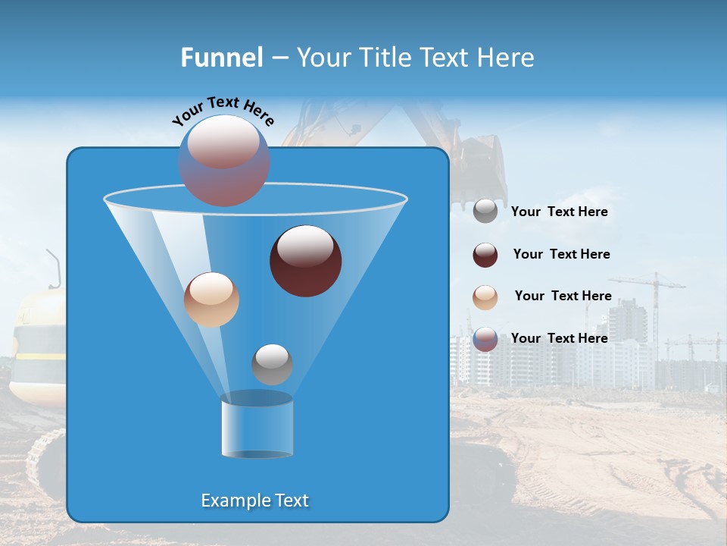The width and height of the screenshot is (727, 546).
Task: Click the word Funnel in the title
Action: coord(221,57)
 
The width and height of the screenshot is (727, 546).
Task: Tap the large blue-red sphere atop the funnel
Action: coord(224,161)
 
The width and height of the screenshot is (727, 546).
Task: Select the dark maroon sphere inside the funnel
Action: coord(306,261)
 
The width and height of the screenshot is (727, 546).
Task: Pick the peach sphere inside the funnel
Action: coord(211,300)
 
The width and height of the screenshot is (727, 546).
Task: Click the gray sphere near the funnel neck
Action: coord(272,365)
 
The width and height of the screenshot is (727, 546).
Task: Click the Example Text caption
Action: coord(254,500)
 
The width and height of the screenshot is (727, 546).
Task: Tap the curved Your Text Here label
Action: coord(223,111)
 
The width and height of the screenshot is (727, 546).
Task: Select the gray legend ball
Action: coord(485,212)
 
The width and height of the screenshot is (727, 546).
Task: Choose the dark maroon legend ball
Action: coord(485,255)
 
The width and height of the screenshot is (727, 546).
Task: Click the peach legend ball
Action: coord(485,297)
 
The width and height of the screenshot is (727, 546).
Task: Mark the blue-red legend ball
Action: coord(485,339)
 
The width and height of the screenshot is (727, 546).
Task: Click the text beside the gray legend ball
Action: coord(559,212)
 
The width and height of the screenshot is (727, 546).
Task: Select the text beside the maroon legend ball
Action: coord(561,255)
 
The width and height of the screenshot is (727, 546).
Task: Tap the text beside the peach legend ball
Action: coord(563,297)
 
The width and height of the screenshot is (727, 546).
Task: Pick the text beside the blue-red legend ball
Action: coord(559,338)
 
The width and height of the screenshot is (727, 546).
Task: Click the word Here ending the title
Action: coord(504,57)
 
